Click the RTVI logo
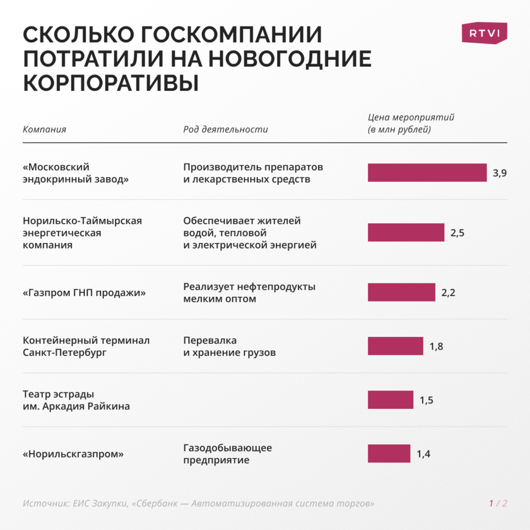(x=484, y=33)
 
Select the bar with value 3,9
(x=427, y=173)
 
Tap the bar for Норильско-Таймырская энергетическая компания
(x=406, y=232)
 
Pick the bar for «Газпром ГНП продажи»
(x=401, y=292)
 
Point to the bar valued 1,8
(x=395, y=346)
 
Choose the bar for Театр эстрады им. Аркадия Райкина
(x=390, y=399)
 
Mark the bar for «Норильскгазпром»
(x=389, y=453)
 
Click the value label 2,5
(x=457, y=233)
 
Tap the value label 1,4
(x=423, y=454)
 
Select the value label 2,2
(x=448, y=293)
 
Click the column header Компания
(x=44, y=129)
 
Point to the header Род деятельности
(x=225, y=129)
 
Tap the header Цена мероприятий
(x=411, y=117)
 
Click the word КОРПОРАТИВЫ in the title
(x=111, y=83)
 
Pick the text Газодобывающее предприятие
(x=227, y=454)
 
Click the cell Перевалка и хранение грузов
(x=229, y=346)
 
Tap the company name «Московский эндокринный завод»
(x=76, y=173)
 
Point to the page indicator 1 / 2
(x=498, y=503)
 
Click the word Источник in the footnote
(x=43, y=503)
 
